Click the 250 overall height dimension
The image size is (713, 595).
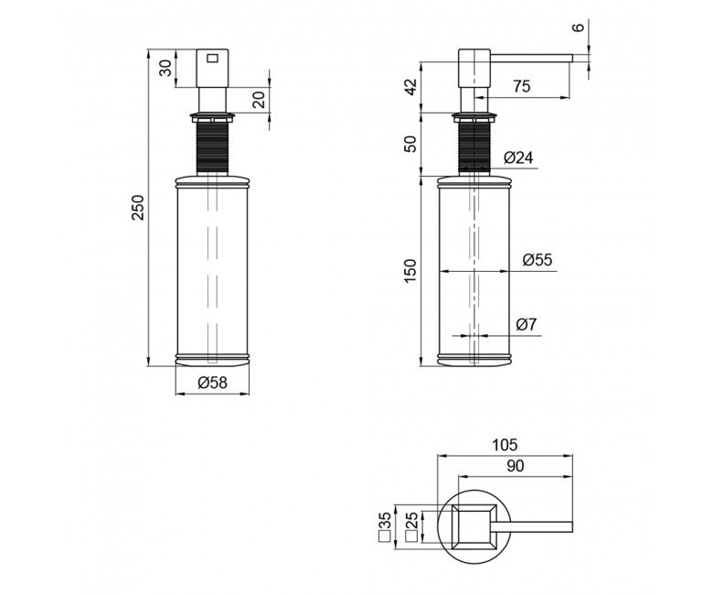click(x=138, y=207)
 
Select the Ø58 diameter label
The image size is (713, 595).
click(x=212, y=383)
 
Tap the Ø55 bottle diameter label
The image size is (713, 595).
click(x=537, y=260)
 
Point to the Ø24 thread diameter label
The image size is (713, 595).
click(x=518, y=157)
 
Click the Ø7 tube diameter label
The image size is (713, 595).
click(x=527, y=325)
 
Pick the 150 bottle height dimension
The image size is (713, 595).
click(x=410, y=271)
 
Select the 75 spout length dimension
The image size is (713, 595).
click(x=522, y=86)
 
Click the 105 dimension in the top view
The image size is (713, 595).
click(x=505, y=444)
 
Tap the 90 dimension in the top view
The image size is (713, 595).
click(x=515, y=466)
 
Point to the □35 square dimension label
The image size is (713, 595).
click(x=385, y=525)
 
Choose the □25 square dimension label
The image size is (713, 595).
click(x=411, y=525)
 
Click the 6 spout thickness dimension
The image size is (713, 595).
click(x=579, y=27)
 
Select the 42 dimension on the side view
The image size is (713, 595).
click(x=410, y=87)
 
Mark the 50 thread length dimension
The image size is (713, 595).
click(x=410, y=144)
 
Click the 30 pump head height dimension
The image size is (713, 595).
click(x=166, y=69)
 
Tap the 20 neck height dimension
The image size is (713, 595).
click(x=258, y=100)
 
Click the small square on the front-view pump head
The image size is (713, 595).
click(x=212, y=59)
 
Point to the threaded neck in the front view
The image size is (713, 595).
click(x=212, y=146)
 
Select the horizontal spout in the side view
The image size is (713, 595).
click(x=531, y=58)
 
